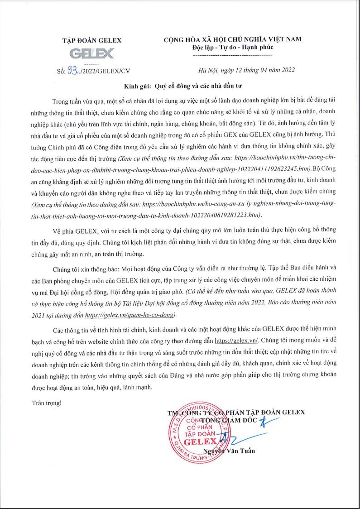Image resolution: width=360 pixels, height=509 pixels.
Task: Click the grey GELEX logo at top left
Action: (x=91, y=53)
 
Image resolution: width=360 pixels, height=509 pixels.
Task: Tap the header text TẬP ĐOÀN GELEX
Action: (x=91, y=40)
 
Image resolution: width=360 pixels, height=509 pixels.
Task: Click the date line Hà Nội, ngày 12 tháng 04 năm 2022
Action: (x=247, y=70)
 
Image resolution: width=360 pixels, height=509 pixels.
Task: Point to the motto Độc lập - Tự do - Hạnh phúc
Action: (x=232, y=47)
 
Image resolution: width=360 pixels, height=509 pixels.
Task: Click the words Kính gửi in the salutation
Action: (x=138, y=86)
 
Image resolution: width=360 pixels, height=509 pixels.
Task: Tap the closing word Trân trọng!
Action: (x=47, y=402)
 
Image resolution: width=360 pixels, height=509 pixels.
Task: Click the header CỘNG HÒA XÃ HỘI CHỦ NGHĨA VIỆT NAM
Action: (x=232, y=40)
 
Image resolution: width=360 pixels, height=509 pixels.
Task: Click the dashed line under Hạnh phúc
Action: (x=232, y=55)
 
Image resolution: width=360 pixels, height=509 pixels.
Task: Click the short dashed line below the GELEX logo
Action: (x=91, y=62)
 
